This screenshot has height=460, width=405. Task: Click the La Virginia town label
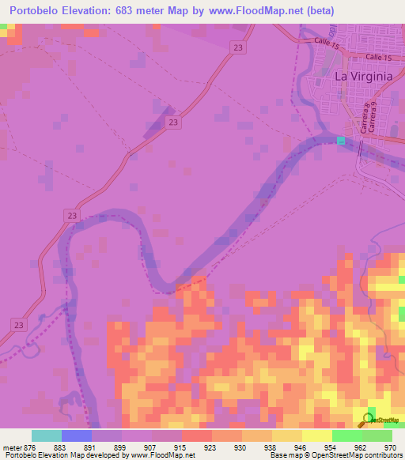[363, 77]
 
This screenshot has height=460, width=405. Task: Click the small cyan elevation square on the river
[341, 141]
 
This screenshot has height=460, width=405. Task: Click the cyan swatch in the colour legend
[46, 435]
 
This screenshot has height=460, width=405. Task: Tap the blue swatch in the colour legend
[77, 435]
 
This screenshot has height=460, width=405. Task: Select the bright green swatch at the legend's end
[377, 435]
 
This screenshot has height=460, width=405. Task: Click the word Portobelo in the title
[38, 11]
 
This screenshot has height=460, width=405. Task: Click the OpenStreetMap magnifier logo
[369, 420]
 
